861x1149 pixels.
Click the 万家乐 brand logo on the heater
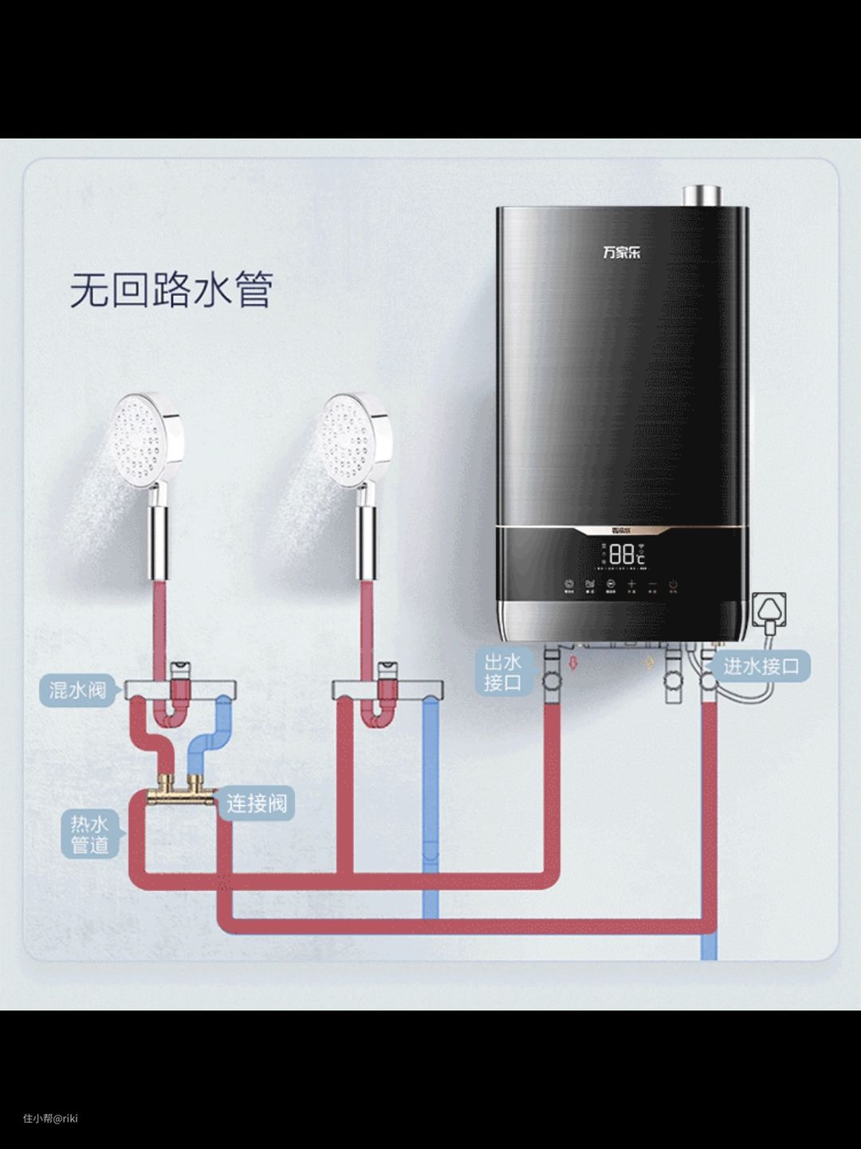pos(621,253)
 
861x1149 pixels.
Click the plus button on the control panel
pos(631,585)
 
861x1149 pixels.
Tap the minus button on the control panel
pos(652,585)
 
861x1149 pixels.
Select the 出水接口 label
pos(502,672)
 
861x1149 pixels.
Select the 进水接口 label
pos(761,666)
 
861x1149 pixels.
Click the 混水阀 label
pos(77,690)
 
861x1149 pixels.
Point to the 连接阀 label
pos(256,803)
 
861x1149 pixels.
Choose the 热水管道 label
pos(89,835)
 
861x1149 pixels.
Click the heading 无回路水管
pos(171,289)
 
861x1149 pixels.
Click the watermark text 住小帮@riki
pos(50,1118)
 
